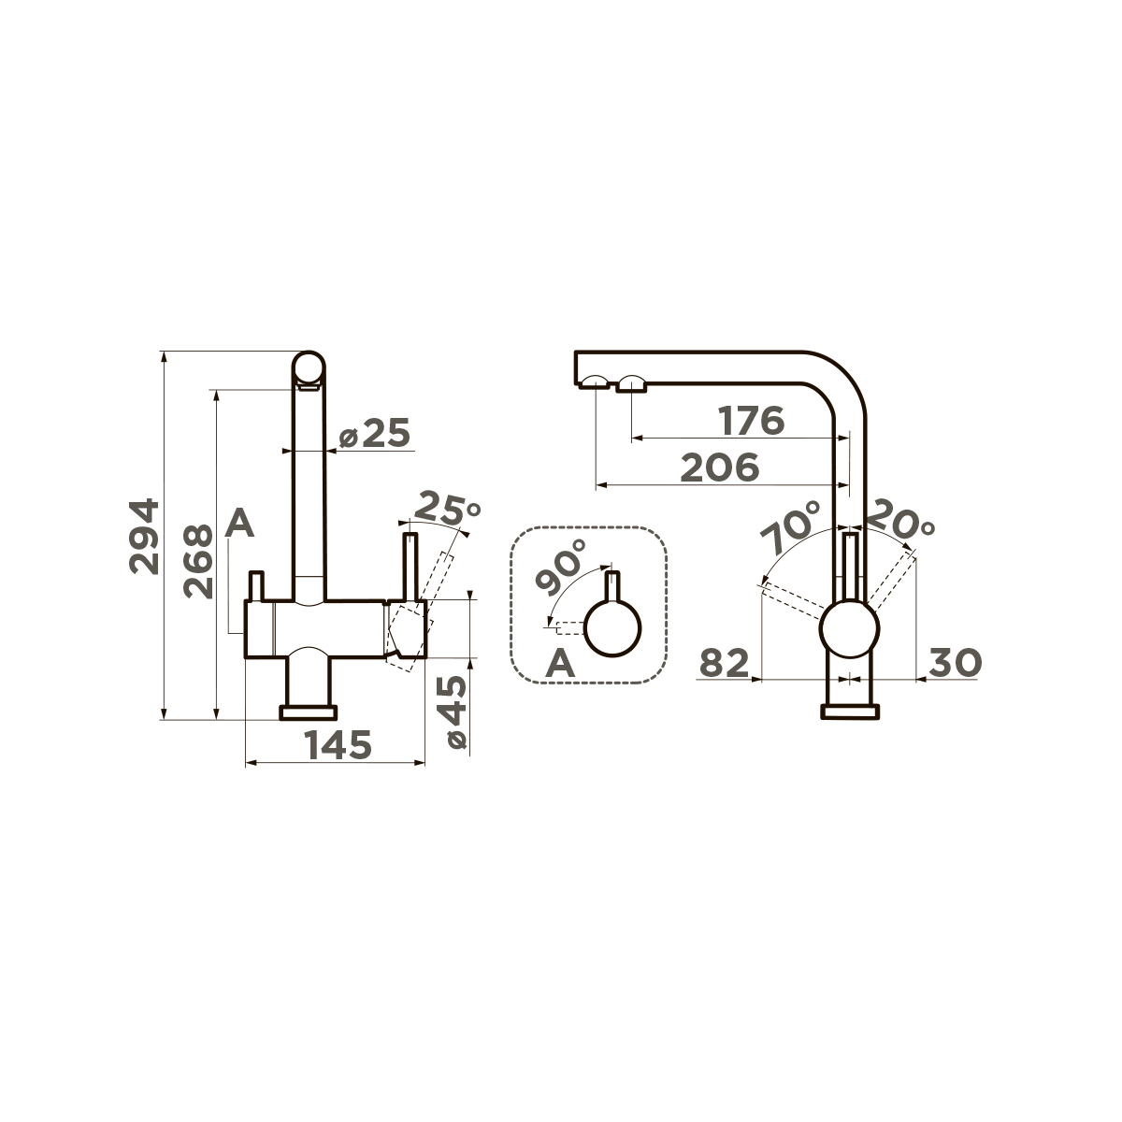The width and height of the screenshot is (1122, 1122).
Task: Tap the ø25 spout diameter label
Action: tap(375, 434)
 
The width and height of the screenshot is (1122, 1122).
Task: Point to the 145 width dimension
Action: tap(338, 744)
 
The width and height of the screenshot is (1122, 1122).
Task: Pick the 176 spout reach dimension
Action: tap(751, 421)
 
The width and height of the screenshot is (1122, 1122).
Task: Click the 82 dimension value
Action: tap(725, 664)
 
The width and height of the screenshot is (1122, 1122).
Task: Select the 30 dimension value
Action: tap(955, 663)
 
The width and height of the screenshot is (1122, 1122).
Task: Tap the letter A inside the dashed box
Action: tap(559, 664)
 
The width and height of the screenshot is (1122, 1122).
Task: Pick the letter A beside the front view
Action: tap(240, 524)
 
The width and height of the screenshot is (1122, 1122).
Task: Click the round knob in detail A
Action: tap(613, 629)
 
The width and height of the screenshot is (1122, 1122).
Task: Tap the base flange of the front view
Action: tap(308, 712)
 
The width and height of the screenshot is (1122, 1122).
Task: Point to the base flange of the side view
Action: tap(850, 712)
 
